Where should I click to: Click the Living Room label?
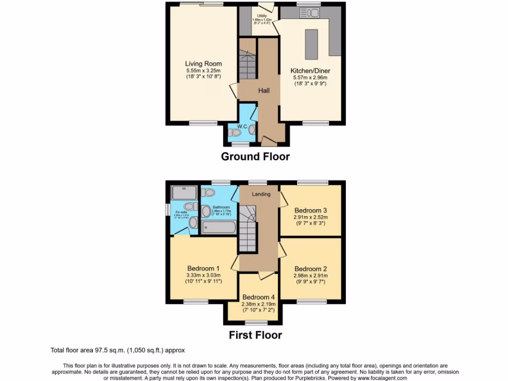203,63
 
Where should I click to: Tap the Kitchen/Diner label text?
309,71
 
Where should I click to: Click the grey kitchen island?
311,44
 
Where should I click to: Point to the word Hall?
263,91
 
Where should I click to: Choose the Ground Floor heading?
255,157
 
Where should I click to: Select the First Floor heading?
255,335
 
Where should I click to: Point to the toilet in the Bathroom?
209,192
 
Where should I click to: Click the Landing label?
261,194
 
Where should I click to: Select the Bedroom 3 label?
311,210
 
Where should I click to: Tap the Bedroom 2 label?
310,268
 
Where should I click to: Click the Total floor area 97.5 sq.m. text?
118,350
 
